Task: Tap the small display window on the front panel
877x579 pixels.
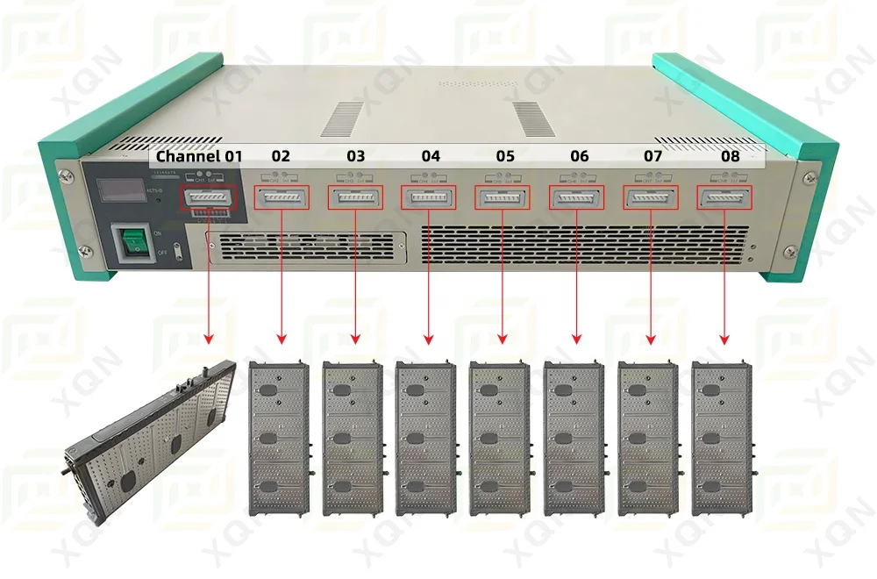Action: tap(120, 190)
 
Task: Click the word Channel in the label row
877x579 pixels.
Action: tap(188, 157)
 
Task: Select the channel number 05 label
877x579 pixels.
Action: tap(504, 157)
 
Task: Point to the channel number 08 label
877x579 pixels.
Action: tap(730, 157)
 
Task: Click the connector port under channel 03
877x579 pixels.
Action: tap(355, 198)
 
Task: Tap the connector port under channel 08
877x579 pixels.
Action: tap(724, 198)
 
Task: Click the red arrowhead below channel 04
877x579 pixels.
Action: tap(429, 339)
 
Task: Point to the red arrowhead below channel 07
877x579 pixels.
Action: tap(651, 339)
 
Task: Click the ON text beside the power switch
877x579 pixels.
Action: tap(158, 234)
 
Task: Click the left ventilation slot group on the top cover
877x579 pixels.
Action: tap(342, 118)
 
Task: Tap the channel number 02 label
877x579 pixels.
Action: tap(280, 157)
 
